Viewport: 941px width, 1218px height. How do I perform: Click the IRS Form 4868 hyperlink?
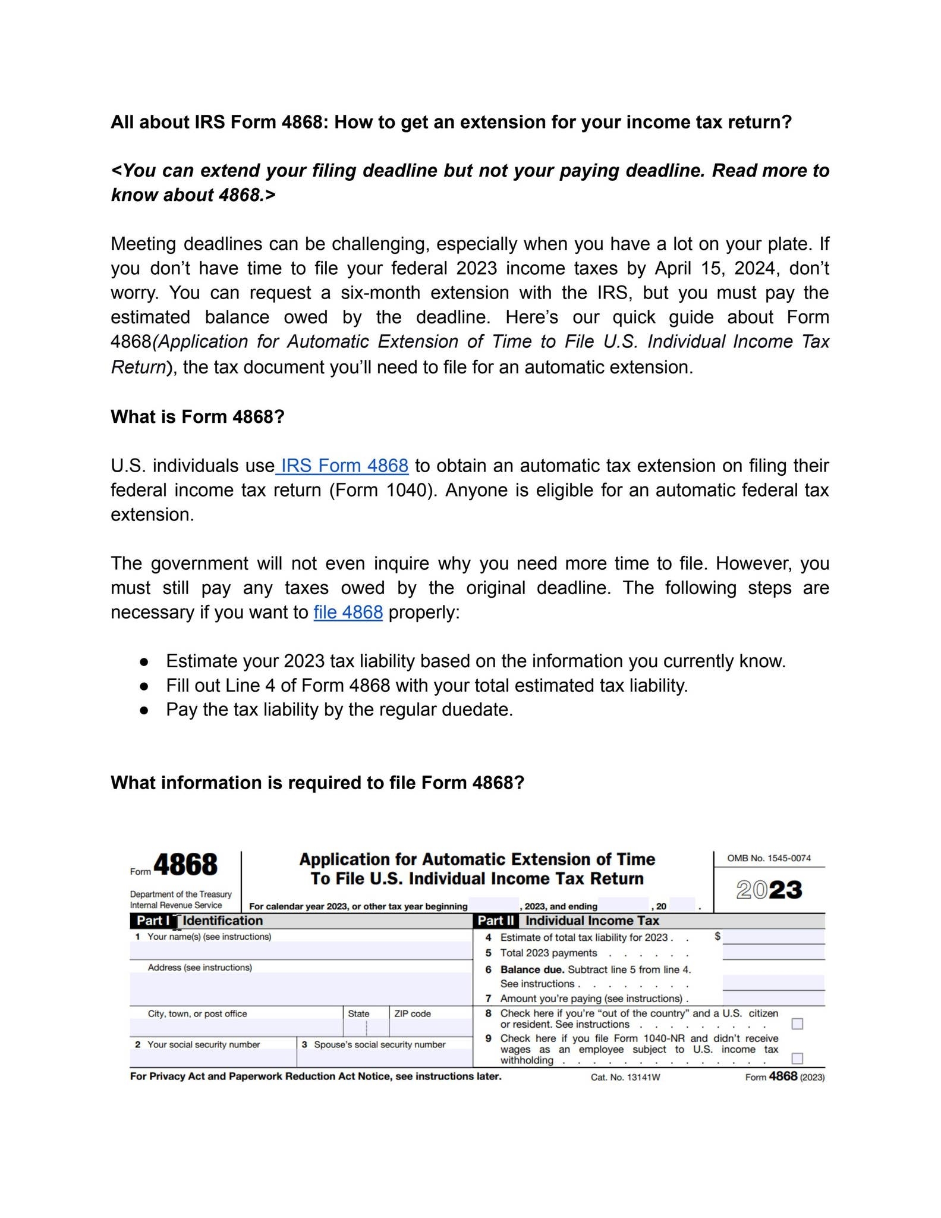tap(344, 466)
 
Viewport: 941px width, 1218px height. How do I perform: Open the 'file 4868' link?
tap(348, 612)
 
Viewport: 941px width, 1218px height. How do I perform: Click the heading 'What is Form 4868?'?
tap(197, 417)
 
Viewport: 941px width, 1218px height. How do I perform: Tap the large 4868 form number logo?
tap(185, 865)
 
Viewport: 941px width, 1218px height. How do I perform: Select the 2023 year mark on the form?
tap(769, 890)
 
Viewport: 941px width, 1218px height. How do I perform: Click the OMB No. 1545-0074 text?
tap(769, 858)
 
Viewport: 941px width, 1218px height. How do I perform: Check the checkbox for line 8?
tap(797, 1024)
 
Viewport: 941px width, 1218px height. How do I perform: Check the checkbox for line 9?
tap(797, 1058)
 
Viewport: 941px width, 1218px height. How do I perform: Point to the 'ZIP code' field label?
tap(412, 1013)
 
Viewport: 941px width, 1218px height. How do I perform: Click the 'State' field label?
tap(358, 1013)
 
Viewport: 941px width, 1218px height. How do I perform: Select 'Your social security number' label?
tap(203, 1044)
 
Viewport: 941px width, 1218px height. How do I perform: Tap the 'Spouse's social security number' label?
tap(379, 1044)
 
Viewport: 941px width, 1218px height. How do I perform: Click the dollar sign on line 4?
tap(717, 936)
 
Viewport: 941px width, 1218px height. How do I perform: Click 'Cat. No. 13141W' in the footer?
tap(625, 1077)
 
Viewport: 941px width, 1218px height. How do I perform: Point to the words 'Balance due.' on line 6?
tap(532, 969)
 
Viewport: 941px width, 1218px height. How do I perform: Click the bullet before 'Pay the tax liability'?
tap(143, 710)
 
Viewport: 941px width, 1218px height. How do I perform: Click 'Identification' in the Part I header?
tap(223, 921)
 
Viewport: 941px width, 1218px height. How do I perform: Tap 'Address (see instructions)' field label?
tap(200, 968)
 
